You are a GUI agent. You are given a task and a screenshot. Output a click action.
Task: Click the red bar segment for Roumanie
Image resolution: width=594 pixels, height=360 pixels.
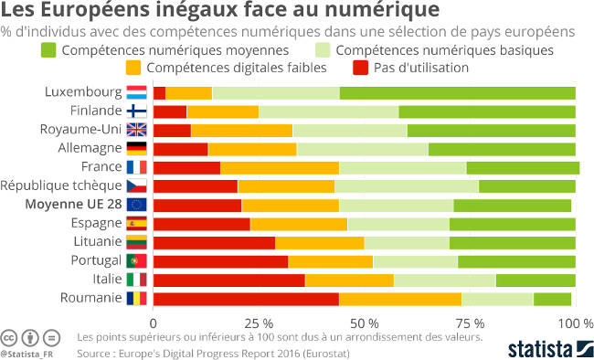(245, 298)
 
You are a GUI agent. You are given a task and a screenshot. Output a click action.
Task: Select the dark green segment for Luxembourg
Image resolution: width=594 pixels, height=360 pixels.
(457, 92)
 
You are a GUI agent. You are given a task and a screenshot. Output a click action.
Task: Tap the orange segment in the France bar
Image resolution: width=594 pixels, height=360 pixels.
(280, 166)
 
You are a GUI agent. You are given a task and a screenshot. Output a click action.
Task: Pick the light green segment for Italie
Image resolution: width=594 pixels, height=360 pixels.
(444, 279)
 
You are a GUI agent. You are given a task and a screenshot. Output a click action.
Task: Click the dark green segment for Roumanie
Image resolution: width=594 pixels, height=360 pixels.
(552, 298)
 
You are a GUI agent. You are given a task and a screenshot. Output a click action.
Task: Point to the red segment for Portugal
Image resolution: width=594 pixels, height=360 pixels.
(220, 260)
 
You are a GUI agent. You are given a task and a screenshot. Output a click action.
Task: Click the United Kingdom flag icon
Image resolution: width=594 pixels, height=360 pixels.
(137, 130)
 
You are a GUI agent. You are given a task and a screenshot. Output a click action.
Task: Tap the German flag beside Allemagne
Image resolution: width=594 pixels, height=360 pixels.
(137, 148)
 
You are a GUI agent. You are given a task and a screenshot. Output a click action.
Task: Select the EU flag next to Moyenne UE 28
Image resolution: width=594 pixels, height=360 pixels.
(137, 204)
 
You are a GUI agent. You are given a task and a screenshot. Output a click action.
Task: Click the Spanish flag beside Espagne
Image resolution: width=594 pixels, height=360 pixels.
(137, 223)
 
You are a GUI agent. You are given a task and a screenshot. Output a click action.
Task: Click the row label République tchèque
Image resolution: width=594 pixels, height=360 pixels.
(61, 185)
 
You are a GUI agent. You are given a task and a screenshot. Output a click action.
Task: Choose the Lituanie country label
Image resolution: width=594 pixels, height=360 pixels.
(93, 241)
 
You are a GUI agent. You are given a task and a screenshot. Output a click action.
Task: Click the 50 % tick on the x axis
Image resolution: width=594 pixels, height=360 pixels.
(364, 323)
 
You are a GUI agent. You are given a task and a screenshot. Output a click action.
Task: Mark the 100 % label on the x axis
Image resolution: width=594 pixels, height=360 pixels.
(576, 323)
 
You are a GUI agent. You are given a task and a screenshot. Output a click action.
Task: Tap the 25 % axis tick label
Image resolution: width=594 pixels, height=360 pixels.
(259, 323)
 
